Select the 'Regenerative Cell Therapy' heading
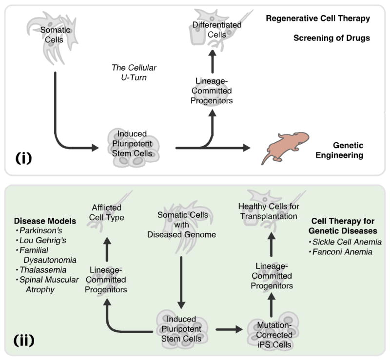(318, 19)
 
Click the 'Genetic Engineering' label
(348, 150)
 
